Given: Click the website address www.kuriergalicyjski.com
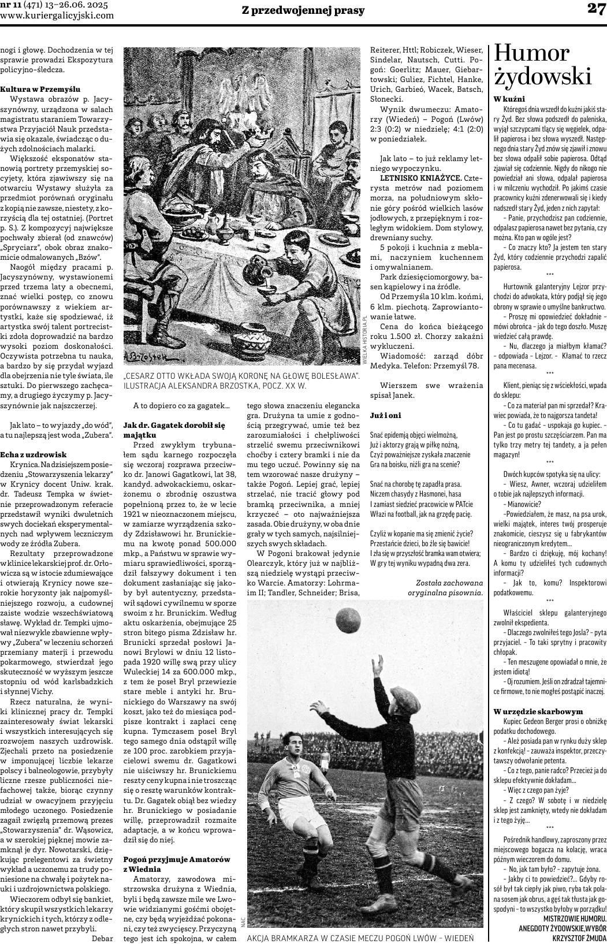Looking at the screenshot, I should (57, 16).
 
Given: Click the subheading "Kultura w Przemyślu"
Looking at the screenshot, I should (40, 89).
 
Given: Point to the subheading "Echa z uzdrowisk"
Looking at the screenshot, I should (33, 454).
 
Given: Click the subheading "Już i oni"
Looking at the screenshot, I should (385, 415).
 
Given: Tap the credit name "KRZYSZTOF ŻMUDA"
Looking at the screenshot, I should (579, 938).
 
